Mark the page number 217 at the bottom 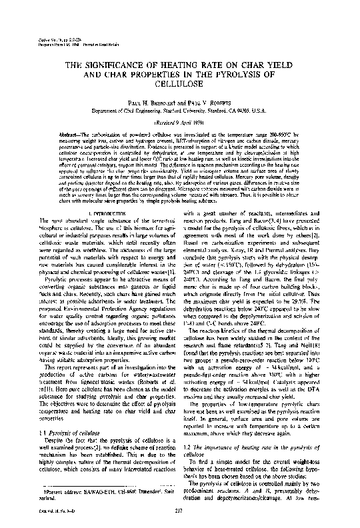click(180, 511)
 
